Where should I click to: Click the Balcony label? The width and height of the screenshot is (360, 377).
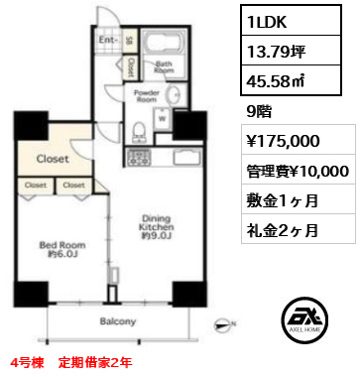click(118, 321)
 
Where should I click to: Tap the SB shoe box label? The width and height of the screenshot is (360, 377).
click(131, 41)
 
